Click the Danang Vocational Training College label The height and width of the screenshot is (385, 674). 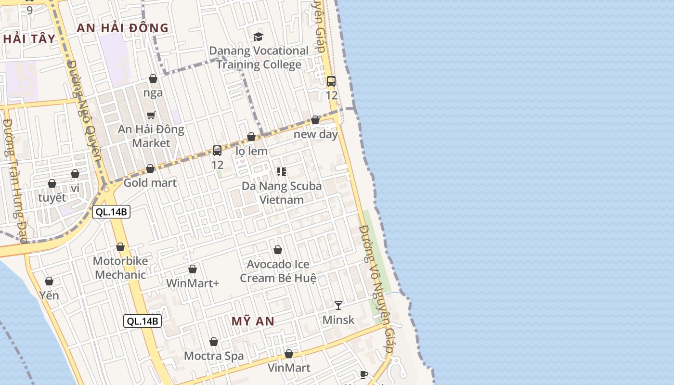click(259, 58)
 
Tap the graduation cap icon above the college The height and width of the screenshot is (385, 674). click(259, 37)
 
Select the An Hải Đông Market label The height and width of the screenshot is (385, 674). click(151, 136)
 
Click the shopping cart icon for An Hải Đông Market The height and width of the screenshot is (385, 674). click(151, 115)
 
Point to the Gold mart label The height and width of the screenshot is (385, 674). click(150, 183)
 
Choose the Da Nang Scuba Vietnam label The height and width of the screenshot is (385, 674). click(282, 192)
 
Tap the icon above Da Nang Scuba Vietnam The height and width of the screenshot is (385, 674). click(282, 171)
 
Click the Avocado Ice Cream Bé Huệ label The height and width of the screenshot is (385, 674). click(278, 271)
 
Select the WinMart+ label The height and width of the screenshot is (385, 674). click(193, 283)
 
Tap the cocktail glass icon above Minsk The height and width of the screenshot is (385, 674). click(338, 305)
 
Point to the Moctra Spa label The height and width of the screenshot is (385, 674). click(214, 356)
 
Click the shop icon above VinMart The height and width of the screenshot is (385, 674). click(289, 354)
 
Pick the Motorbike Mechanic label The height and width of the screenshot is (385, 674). click(120, 268)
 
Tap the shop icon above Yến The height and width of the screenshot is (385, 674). click(49, 281)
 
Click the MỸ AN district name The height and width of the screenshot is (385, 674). click(253, 321)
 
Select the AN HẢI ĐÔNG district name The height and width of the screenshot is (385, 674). click(123, 28)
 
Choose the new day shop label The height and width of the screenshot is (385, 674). click(316, 134)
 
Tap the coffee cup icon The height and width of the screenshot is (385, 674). click(364, 374)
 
